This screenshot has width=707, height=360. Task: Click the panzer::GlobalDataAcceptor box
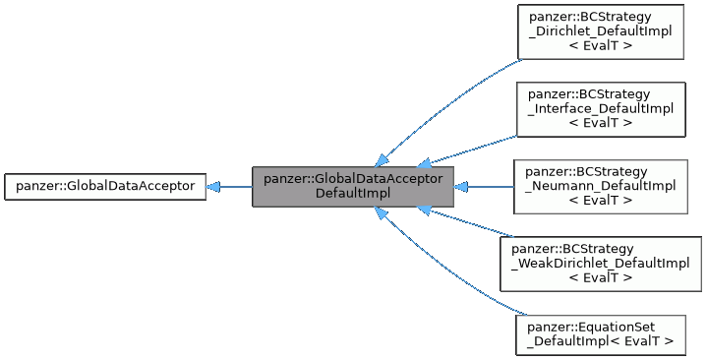pyautogui.click(x=105, y=186)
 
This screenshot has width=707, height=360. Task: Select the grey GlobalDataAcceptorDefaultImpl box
pyautogui.click(x=353, y=186)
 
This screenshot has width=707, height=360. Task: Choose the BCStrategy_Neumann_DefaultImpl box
pyautogui.click(x=600, y=186)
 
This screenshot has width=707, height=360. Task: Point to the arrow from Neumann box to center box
pyautogui.click(x=487, y=186)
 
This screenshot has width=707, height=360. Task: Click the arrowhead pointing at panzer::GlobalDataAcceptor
pyautogui.click(x=213, y=186)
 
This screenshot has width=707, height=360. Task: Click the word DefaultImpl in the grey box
pyautogui.click(x=353, y=193)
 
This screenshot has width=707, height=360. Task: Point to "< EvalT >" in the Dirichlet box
pyautogui.click(x=600, y=46)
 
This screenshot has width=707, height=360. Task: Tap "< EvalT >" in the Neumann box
pyautogui.click(x=600, y=201)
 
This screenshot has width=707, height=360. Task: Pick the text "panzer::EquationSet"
pyautogui.click(x=592, y=326)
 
